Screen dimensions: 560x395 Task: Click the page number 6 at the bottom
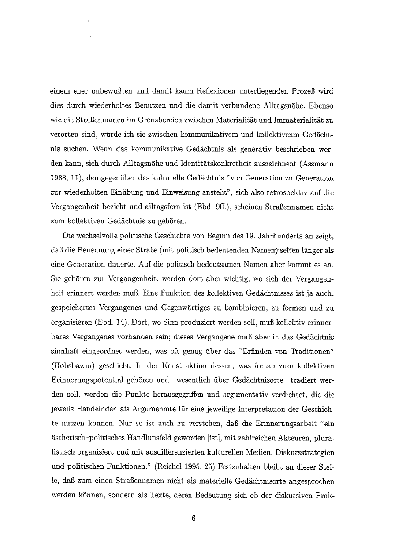click(193, 519)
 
